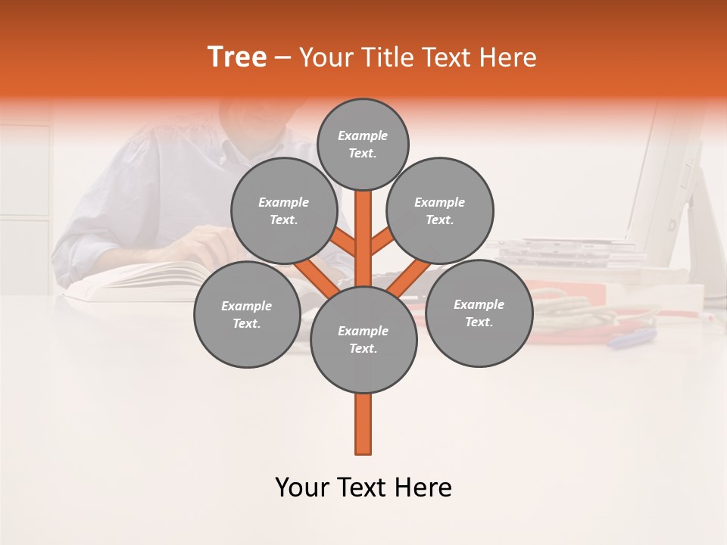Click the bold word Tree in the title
pyautogui.click(x=237, y=58)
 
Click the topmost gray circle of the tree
pyautogui.click(x=363, y=144)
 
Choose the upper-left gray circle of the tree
pyautogui.click(x=283, y=210)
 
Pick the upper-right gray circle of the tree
pyautogui.click(x=439, y=210)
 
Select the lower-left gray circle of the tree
pyautogui.click(x=246, y=314)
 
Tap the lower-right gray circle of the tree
pyautogui.click(x=479, y=313)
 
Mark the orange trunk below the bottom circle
pyautogui.click(x=363, y=424)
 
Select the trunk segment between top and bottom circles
pyautogui.click(x=363, y=235)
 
